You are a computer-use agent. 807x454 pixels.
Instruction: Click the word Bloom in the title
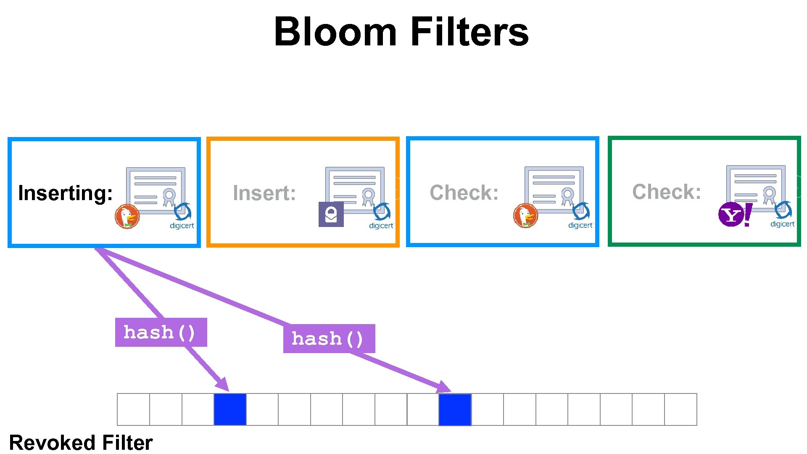[x=335, y=32]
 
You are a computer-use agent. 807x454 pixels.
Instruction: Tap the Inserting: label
[x=66, y=193]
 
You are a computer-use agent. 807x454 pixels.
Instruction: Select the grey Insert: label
[x=264, y=193]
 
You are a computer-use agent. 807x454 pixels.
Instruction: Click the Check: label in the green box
[x=667, y=192]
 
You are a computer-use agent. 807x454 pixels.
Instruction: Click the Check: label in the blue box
[x=464, y=193]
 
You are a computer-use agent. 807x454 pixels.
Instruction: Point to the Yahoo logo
[x=735, y=214]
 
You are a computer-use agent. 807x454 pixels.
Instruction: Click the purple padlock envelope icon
[x=331, y=214]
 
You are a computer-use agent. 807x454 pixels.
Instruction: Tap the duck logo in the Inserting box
[x=127, y=216]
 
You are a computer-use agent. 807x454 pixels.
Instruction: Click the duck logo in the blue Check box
[x=525, y=216]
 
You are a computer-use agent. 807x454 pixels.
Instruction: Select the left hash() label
[x=161, y=333]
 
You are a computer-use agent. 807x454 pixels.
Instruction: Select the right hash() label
[x=329, y=339]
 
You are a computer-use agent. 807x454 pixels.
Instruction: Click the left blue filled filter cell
[x=230, y=409]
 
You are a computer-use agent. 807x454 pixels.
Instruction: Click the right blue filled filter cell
[x=455, y=409]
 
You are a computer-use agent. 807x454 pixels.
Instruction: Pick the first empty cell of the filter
[x=133, y=409]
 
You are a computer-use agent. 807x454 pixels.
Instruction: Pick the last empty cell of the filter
[x=680, y=409]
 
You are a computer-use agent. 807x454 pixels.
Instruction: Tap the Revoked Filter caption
[x=81, y=443]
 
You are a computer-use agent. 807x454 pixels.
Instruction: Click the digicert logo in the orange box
[x=382, y=216]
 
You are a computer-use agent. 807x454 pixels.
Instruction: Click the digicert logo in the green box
[x=783, y=215]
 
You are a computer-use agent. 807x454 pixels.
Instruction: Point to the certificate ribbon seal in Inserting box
[x=169, y=197]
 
